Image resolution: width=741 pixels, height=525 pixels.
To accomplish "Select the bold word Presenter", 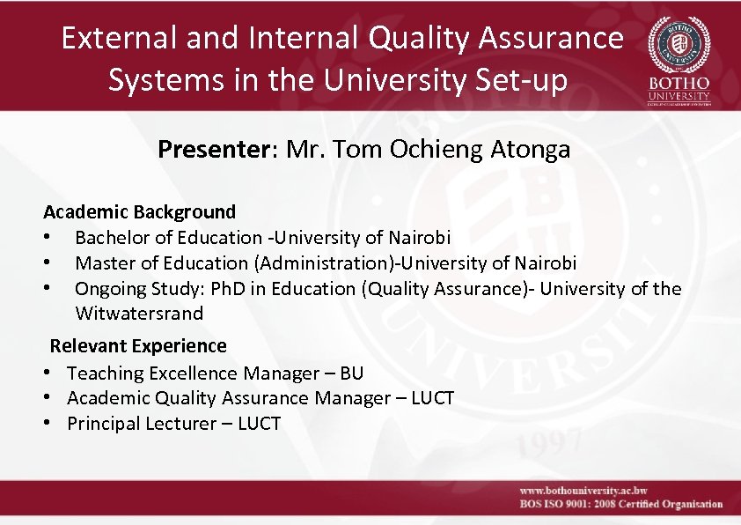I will (x=216, y=150).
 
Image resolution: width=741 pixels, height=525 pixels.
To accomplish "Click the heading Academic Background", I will (x=140, y=211).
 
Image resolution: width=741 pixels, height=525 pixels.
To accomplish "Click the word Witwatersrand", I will (x=139, y=313).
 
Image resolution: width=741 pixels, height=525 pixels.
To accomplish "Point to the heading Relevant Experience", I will (x=138, y=345).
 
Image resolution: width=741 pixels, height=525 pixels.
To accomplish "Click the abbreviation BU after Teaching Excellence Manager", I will (x=351, y=373).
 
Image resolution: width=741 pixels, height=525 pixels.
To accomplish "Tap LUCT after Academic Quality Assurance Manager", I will (x=432, y=398).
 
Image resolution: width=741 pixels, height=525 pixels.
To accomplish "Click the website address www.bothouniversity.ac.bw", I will (x=583, y=490).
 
